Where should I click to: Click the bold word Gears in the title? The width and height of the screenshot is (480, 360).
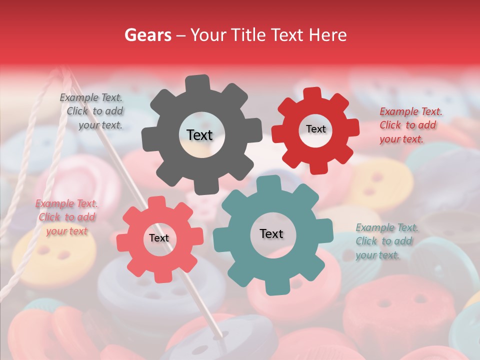coord(148,35)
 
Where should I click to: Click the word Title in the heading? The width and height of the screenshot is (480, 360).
coord(248,35)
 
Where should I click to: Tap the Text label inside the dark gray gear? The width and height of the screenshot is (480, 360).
coord(199,135)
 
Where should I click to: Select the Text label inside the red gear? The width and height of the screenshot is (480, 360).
coord(315,129)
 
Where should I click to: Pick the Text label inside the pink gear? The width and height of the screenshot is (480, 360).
coord(159,238)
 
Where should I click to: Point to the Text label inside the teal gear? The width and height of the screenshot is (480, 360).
coord(271,233)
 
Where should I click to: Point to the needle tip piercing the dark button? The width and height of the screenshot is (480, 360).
coord(220,334)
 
